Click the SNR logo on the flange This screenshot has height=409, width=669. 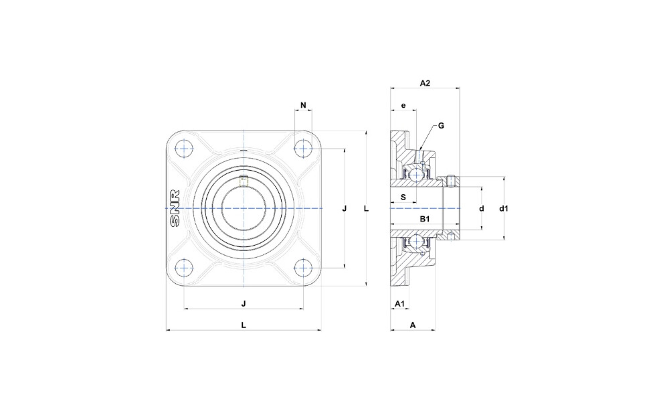point(175,208)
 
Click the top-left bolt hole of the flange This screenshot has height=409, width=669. point(184,149)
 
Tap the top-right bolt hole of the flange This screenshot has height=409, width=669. point(303,149)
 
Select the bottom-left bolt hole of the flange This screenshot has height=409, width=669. point(184,268)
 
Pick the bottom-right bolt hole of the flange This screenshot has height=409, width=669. point(303,268)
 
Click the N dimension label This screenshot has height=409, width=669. point(303,105)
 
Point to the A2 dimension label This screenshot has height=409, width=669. point(425,83)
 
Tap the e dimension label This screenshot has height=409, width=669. point(403,105)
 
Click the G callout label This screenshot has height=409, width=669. point(441,126)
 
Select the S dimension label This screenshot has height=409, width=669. point(403,197)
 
